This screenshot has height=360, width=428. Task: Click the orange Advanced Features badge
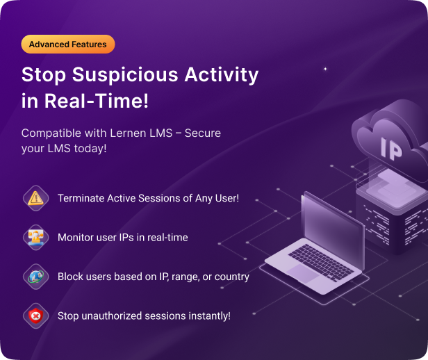pyautogui.click(x=68, y=44)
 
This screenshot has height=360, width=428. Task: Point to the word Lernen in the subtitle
pyautogui.click(x=140, y=133)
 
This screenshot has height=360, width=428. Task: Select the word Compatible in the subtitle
pyautogui.click(x=50, y=133)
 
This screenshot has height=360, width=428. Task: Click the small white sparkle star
pyautogui.click(x=324, y=69)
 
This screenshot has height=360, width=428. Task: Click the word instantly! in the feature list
pyautogui.click(x=208, y=316)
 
